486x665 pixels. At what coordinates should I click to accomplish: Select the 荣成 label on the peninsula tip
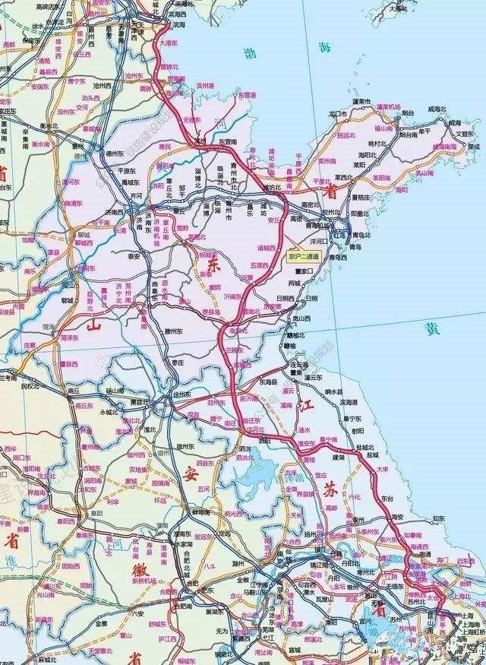pyautogui.click(x=473, y=146)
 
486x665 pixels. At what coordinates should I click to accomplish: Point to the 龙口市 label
pyautogui.click(x=337, y=115)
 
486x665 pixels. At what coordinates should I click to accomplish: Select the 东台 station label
pyautogui.click(x=387, y=498)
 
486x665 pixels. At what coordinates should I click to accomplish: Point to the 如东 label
pyautogui.click(x=439, y=518)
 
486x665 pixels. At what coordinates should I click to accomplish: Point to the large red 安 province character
pyautogui.click(x=189, y=472)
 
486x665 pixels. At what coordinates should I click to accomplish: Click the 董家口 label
pyautogui.click(x=304, y=270)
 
